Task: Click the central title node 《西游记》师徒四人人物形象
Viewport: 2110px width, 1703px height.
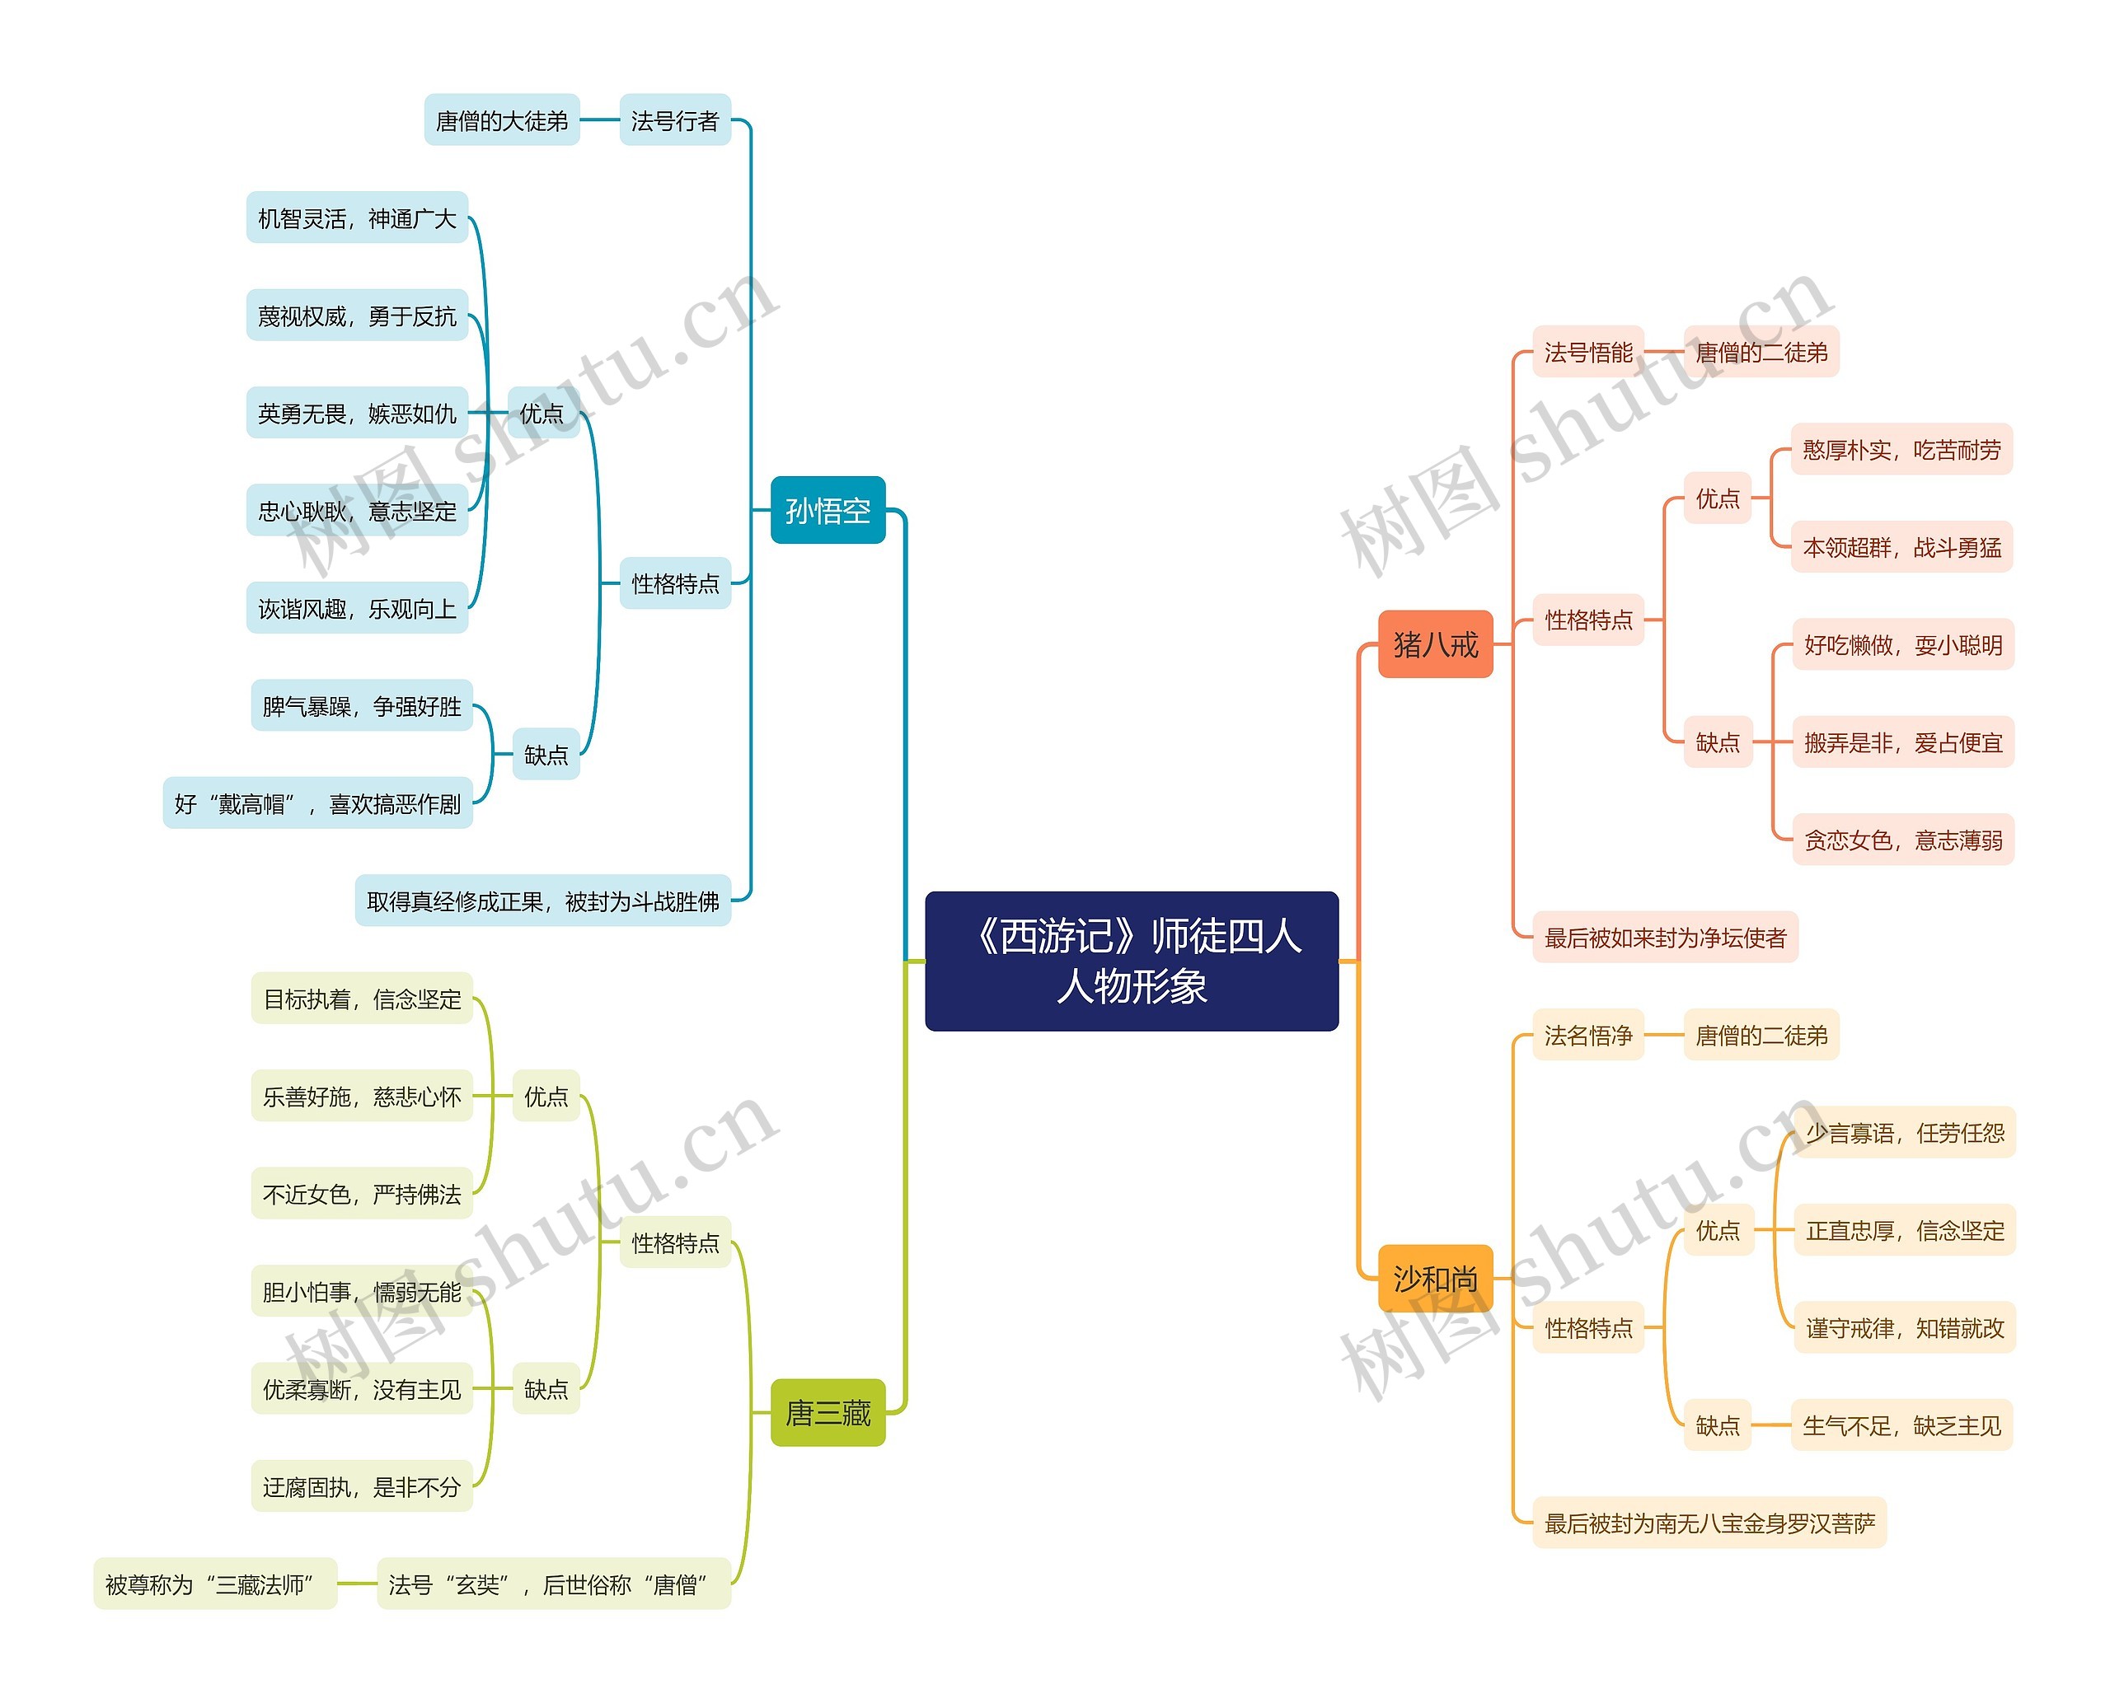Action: (x=1131, y=961)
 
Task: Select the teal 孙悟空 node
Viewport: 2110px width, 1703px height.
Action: (x=828, y=510)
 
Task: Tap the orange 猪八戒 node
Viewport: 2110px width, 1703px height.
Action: (x=1435, y=644)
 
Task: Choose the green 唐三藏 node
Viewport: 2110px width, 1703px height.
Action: (x=828, y=1413)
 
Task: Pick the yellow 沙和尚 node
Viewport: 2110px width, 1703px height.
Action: (x=1435, y=1278)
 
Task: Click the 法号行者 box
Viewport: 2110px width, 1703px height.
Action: (x=674, y=120)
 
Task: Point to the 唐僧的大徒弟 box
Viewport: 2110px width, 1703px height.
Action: (x=501, y=120)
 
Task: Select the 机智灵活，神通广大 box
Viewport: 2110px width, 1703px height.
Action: (x=357, y=218)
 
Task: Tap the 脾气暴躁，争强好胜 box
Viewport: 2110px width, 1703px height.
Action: (x=361, y=706)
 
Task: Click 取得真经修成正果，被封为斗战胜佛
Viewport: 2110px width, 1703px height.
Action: (x=542, y=901)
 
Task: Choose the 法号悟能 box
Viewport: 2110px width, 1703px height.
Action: (x=1588, y=352)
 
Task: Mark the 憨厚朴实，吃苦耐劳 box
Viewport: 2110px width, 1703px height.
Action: (x=1901, y=449)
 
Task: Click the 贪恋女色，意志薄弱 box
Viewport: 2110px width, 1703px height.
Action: (x=1903, y=840)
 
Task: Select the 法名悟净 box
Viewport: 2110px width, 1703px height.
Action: (x=1588, y=1035)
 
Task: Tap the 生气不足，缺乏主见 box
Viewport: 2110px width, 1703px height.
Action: (x=1901, y=1425)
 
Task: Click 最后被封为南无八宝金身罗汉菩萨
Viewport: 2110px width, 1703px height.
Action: (x=1709, y=1523)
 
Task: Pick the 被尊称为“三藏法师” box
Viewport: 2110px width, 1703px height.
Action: (x=215, y=1584)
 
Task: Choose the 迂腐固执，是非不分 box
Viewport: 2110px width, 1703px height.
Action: (x=361, y=1486)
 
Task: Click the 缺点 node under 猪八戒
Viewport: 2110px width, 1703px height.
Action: (x=1718, y=742)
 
